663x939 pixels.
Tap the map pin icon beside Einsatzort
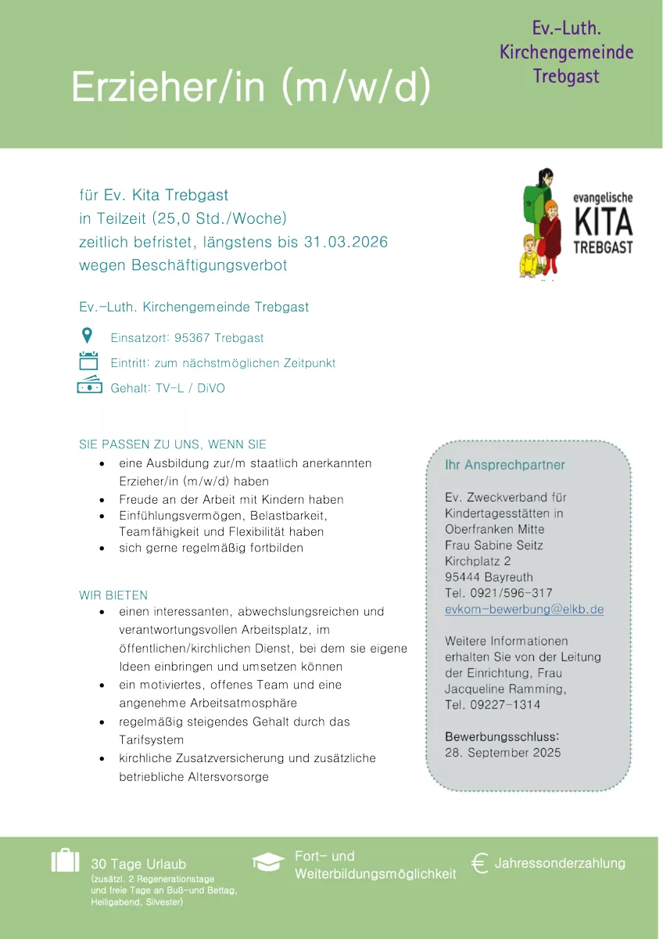[x=88, y=336]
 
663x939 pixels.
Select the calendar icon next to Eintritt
[x=88, y=361]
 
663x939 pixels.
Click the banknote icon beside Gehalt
[x=89, y=386]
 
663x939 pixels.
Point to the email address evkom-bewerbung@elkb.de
[x=524, y=610]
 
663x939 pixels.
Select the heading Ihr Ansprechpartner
[x=504, y=465]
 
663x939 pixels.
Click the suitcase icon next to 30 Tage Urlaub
[x=65, y=860]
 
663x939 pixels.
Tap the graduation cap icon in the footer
[x=268, y=862]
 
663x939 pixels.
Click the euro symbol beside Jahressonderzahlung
[x=480, y=862]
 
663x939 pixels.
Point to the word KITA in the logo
[x=603, y=224]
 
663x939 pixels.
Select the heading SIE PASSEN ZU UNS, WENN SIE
[x=173, y=444]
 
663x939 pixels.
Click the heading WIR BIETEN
[x=113, y=595]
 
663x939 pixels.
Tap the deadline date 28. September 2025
[x=503, y=753]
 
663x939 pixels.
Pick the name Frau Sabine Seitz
[x=493, y=545]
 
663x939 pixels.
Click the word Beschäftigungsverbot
[x=210, y=265]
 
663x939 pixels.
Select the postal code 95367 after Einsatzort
[x=194, y=338]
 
